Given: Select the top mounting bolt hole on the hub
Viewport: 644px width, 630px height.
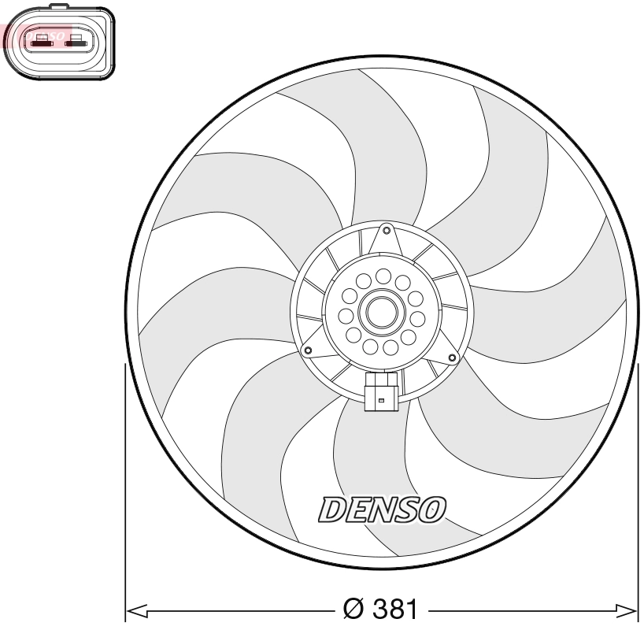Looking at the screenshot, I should click(x=385, y=231).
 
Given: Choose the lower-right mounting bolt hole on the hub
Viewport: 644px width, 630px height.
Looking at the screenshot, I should click(x=452, y=358).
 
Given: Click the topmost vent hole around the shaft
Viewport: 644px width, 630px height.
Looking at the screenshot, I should click(x=383, y=276).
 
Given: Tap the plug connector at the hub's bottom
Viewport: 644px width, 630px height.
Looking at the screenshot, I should click(x=381, y=391).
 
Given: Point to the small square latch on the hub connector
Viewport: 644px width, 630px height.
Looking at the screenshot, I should click(x=381, y=402).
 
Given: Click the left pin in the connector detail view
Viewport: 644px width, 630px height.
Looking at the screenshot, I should click(x=40, y=39).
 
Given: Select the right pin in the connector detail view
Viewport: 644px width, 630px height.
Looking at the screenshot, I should click(x=77, y=39).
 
